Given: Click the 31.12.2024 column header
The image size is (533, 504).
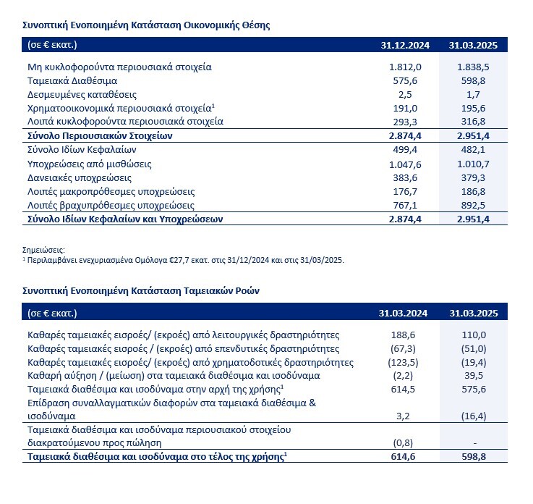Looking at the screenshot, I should point(405,45).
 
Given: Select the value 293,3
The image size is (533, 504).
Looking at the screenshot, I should point(406,121).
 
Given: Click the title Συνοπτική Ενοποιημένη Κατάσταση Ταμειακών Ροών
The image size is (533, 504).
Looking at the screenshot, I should point(142,290).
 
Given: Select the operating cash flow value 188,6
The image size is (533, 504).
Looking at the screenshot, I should point(406,335).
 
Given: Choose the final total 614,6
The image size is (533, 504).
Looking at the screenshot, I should point(406,458).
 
